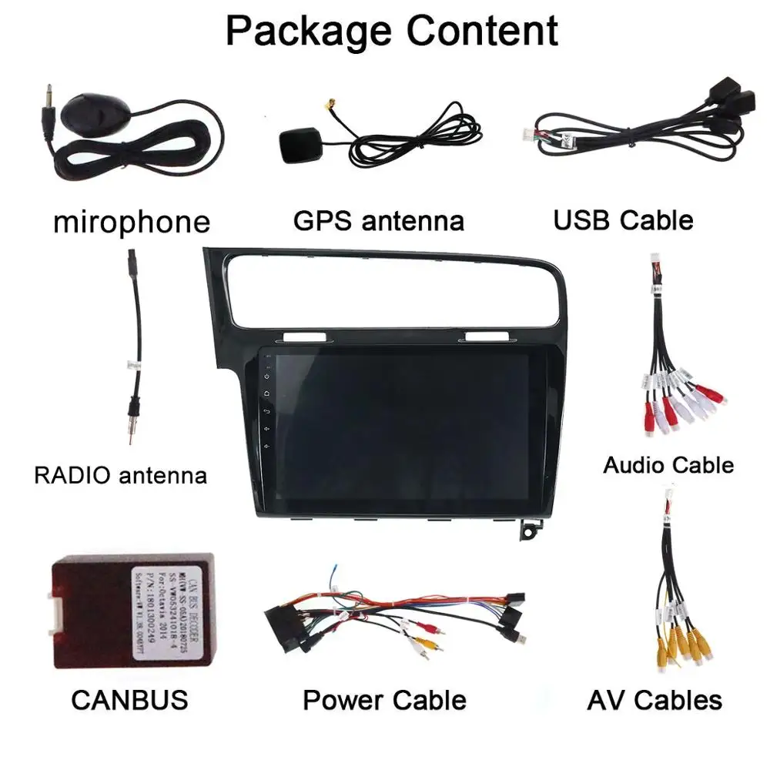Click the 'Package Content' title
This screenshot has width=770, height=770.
tap(391, 31)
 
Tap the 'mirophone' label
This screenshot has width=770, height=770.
tap(131, 222)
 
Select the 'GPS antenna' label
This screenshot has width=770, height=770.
tap(378, 221)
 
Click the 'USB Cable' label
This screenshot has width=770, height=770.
tap(623, 220)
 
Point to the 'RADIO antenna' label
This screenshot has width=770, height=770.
tap(120, 474)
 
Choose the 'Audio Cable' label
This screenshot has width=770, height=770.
tap(668, 465)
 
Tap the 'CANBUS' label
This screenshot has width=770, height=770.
tap(129, 700)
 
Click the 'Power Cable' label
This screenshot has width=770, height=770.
tap(384, 700)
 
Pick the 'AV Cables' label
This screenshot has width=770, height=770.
tap(654, 700)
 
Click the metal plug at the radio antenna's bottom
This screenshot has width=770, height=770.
tap(135, 423)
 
